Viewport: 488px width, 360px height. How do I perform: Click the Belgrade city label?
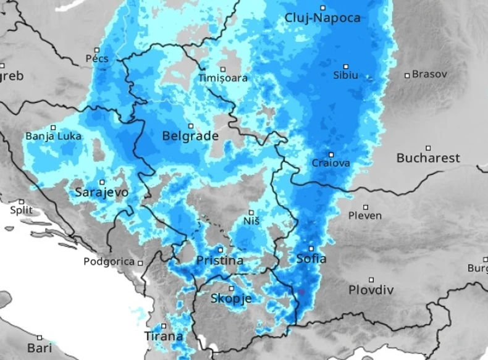(x=190, y=136)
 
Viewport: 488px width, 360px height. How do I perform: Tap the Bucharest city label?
(x=428, y=158)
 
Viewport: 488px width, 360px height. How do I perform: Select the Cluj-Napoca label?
(x=322, y=18)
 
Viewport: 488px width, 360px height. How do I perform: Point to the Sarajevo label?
(x=102, y=193)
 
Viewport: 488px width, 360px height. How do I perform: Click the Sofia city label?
(x=311, y=259)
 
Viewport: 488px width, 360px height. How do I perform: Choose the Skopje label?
(x=231, y=299)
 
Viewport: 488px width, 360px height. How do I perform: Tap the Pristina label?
(x=219, y=261)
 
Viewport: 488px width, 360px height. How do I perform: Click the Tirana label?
(x=164, y=337)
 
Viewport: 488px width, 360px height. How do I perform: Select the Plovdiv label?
(x=371, y=290)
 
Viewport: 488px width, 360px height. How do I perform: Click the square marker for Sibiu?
(x=346, y=66)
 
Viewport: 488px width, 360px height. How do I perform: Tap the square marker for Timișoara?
(x=223, y=69)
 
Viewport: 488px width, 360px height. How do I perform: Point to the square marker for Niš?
(x=251, y=212)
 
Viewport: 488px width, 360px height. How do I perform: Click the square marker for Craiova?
(x=331, y=155)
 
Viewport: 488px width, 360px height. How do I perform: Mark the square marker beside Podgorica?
(x=141, y=262)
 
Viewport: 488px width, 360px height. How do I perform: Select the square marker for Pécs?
(x=96, y=50)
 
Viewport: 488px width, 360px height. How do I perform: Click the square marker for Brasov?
(x=407, y=75)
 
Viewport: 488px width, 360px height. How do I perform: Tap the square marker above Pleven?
(x=366, y=207)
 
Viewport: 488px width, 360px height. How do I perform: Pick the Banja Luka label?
(x=53, y=136)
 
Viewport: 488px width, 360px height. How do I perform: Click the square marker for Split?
(x=22, y=201)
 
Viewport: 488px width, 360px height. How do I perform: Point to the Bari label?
(x=40, y=348)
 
